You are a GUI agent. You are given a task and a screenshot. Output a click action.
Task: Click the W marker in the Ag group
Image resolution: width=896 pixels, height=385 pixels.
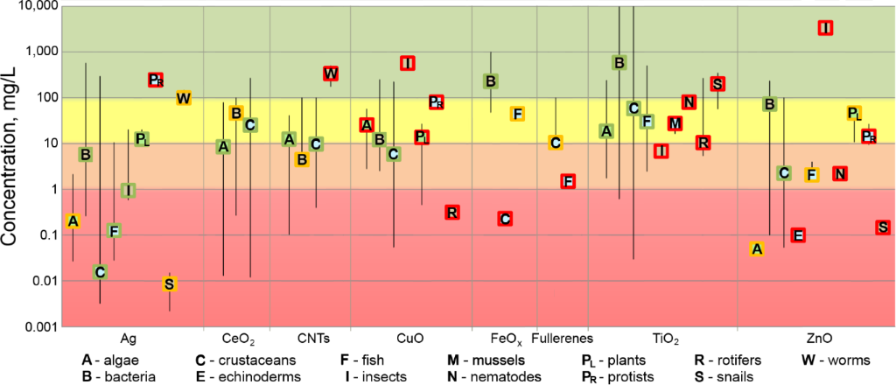(184, 98)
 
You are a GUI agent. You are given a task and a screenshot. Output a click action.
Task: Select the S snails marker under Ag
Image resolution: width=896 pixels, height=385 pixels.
(170, 283)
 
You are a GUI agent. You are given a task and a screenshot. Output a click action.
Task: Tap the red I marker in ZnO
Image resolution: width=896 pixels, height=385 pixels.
(824, 28)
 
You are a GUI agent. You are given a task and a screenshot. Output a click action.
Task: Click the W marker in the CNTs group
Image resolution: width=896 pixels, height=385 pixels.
(331, 73)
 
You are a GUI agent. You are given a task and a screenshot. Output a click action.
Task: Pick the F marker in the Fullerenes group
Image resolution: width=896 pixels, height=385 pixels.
(568, 181)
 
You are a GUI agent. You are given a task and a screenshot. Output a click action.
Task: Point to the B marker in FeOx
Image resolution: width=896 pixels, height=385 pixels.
(491, 81)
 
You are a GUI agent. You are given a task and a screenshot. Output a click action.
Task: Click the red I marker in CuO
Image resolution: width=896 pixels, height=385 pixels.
(407, 63)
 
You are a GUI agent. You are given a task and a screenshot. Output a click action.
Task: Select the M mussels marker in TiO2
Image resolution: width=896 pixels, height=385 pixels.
(675, 123)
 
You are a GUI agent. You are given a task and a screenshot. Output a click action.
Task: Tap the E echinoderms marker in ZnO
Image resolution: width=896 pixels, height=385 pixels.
(797, 235)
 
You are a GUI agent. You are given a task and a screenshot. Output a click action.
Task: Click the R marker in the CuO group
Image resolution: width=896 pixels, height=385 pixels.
(451, 213)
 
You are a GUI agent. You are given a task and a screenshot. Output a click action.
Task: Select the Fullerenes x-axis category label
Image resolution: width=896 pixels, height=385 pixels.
(563, 339)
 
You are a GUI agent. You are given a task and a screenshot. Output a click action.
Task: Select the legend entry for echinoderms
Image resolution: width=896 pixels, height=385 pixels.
(248, 377)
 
